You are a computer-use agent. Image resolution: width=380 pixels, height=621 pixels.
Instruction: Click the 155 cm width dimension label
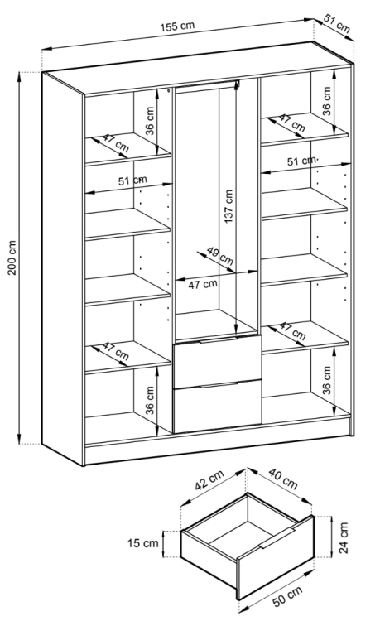pos(177,26)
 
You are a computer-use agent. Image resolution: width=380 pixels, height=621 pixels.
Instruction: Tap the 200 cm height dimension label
pos(12,258)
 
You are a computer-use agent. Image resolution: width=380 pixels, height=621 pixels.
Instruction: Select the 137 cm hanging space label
pos(228,206)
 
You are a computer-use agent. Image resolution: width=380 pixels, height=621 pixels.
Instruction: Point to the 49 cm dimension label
pos(220,256)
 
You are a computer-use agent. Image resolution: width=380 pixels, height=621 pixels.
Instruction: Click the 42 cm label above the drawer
pos(209,479)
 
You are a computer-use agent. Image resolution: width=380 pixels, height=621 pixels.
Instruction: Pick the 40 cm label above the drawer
pos(282,479)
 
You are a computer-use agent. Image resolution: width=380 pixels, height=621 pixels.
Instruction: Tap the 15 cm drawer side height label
pos(143,542)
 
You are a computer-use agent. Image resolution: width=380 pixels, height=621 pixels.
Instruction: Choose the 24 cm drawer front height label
pos(344,537)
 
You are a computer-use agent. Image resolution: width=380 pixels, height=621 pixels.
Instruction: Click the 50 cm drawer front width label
pos(287,596)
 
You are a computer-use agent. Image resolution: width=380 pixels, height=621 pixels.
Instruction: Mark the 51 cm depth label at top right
pos(337,24)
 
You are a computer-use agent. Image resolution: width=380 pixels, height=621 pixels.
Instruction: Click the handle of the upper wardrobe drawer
pos(219,339)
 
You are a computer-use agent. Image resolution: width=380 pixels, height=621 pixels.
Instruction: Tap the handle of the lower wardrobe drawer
pos(219,384)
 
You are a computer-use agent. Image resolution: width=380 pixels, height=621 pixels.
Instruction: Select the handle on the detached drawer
pos(277,538)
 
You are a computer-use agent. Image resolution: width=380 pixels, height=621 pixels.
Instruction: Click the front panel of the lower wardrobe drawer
pos(217,407)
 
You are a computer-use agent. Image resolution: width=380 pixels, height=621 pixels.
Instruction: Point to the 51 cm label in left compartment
pos(132,181)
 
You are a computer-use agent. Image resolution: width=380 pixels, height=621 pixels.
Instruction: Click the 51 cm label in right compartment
pos(301,161)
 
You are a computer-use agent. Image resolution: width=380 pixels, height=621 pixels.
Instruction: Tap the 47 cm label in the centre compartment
pos(202,284)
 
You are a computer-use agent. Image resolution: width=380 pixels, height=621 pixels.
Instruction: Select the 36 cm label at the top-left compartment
pos(149,121)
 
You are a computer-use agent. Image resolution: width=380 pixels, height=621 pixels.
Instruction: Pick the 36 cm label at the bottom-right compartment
pos(326,380)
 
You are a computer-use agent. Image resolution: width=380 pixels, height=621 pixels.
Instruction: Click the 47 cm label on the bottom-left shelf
pos(116,351)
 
